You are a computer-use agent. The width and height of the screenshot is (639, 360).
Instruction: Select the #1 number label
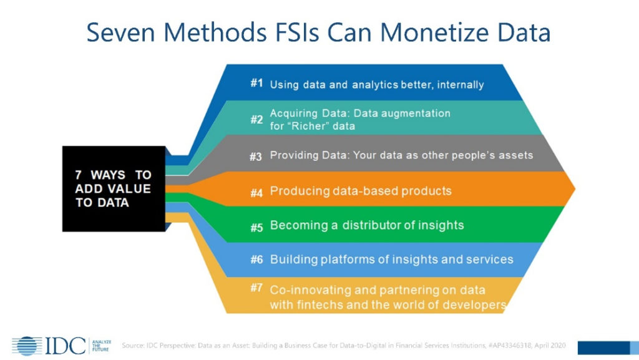[x=256, y=84]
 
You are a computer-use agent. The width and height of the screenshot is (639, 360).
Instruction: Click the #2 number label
[x=256, y=119]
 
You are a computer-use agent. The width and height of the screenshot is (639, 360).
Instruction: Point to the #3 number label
[x=256, y=157]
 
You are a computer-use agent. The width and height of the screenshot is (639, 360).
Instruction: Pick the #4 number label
[x=256, y=192]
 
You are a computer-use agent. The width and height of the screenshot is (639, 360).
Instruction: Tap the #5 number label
[x=256, y=227]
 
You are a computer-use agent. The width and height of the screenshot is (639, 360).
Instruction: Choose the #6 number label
[x=256, y=260]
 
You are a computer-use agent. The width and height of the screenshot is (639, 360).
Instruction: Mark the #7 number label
[x=256, y=288]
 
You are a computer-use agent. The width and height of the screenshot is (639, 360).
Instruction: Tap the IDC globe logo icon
[x=26, y=346]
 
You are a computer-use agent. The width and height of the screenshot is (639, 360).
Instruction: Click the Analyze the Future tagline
[x=100, y=346]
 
